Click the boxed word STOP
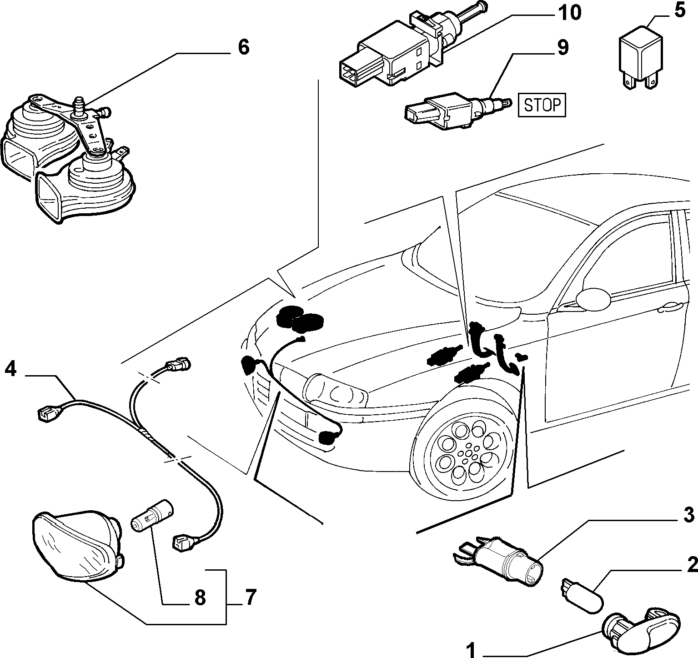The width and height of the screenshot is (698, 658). click(542, 105)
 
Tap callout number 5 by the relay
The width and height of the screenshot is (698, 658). click(679, 10)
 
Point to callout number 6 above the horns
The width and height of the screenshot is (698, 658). click(244, 46)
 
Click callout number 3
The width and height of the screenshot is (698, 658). click(688, 515)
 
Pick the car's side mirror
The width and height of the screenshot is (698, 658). click(593, 297)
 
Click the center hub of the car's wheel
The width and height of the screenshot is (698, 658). click(466, 454)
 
